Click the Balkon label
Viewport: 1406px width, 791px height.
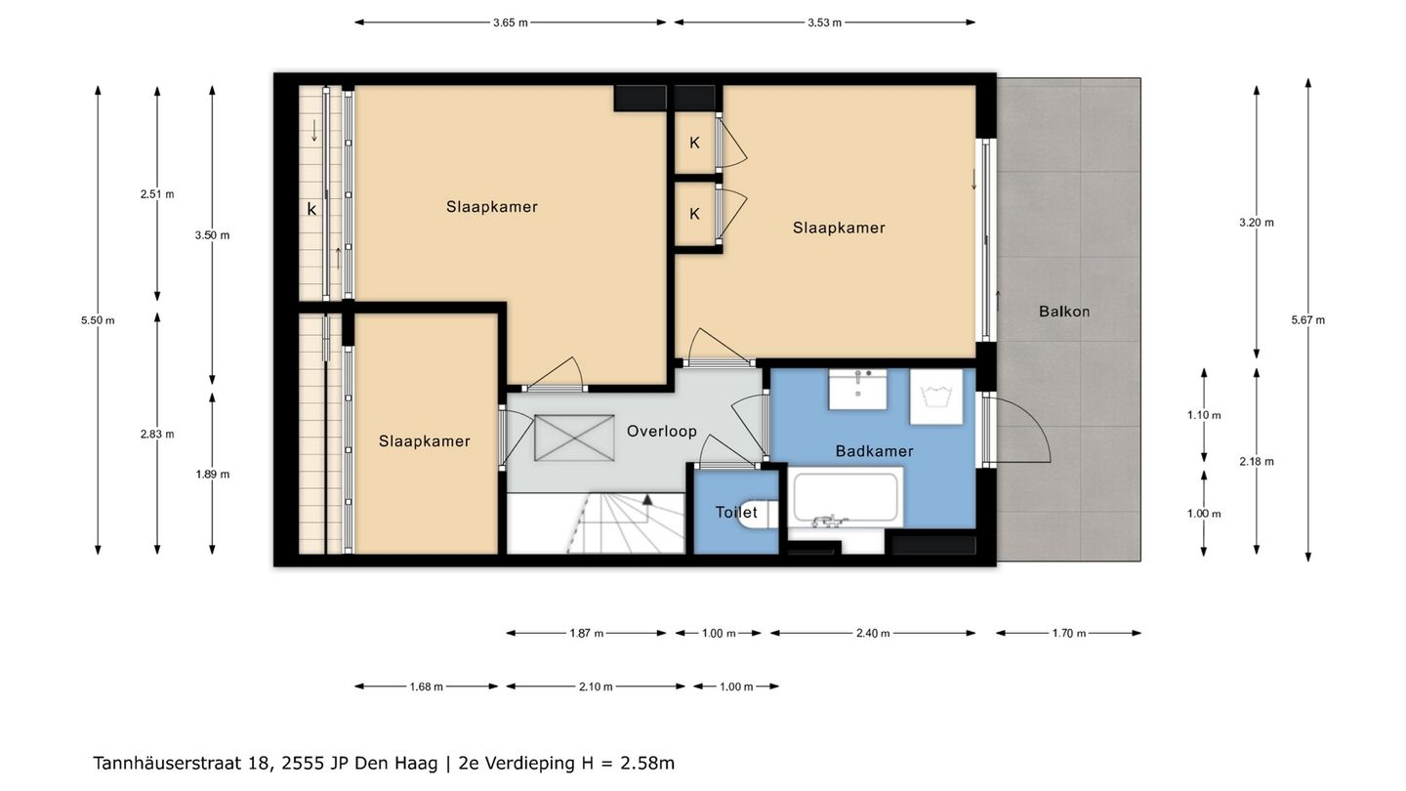click(x=1064, y=312)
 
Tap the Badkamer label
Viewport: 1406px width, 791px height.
click(x=875, y=451)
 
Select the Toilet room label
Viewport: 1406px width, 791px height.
click(x=736, y=513)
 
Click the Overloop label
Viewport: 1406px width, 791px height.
click(x=662, y=432)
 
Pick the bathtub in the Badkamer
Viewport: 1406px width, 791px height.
click(x=846, y=497)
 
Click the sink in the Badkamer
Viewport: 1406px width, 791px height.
click(x=858, y=390)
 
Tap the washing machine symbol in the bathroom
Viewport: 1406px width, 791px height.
click(x=936, y=396)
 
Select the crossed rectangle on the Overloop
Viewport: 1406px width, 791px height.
click(x=574, y=437)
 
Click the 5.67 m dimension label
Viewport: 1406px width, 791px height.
click(x=1308, y=320)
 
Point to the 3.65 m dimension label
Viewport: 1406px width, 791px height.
click(x=511, y=22)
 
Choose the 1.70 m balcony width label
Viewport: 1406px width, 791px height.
click(x=1069, y=634)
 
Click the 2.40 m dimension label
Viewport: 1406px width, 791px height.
click(x=873, y=634)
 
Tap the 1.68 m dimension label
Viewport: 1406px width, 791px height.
click(x=426, y=687)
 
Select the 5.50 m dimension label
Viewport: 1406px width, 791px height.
click(x=98, y=320)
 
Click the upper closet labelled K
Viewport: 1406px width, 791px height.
click(x=695, y=144)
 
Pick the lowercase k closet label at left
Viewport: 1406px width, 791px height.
click(x=312, y=209)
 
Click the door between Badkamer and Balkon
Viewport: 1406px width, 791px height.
click(x=1016, y=428)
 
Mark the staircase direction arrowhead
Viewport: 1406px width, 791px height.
click(x=647, y=500)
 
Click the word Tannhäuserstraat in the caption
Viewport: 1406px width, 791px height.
click(x=167, y=764)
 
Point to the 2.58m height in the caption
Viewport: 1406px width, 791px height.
click(x=647, y=764)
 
